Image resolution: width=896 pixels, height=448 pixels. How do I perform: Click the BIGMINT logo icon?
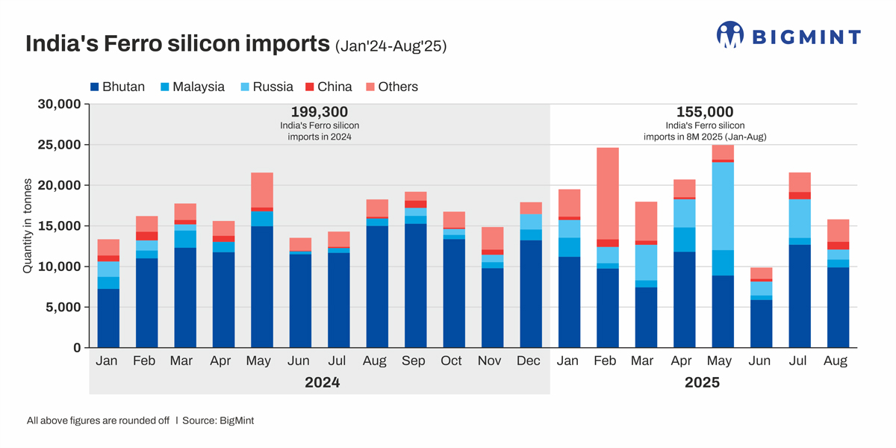[x=730, y=34]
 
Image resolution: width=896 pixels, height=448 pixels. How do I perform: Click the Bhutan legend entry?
[x=117, y=87]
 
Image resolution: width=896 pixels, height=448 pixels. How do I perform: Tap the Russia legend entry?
[x=266, y=87]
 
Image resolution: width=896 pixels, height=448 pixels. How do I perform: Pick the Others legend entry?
[x=391, y=87]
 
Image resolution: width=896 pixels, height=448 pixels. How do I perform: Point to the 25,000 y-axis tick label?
[x=59, y=144]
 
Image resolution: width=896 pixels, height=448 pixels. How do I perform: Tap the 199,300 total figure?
[x=320, y=112]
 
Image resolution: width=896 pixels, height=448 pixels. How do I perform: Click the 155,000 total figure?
[x=705, y=112]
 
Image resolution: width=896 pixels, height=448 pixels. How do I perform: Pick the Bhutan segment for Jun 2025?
[x=760, y=323]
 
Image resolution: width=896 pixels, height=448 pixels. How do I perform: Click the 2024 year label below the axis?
[x=322, y=382]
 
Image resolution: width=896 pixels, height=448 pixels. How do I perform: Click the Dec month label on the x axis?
[x=529, y=361]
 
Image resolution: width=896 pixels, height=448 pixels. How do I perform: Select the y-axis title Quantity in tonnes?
[x=28, y=226]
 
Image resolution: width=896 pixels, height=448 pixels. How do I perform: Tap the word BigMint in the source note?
[x=237, y=420]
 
